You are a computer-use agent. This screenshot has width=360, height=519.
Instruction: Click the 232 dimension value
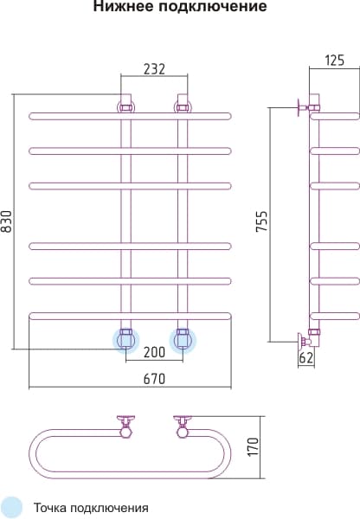tap(154, 69)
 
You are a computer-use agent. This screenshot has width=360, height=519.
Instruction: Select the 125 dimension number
tap(335, 61)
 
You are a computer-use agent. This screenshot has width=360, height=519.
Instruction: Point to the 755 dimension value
tap(261, 221)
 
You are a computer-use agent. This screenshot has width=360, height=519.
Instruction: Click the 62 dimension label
tap(305, 357)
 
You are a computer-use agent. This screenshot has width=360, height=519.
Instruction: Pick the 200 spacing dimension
tap(154, 352)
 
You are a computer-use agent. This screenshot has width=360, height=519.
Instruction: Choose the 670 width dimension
tap(154, 379)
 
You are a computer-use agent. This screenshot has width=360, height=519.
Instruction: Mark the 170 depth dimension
tap(254, 446)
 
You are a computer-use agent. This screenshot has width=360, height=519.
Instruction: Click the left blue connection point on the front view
tap(125, 340)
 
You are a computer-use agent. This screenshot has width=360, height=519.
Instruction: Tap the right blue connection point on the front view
tap(183, 340)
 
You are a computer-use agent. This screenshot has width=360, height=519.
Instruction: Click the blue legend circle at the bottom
tap(11, 508)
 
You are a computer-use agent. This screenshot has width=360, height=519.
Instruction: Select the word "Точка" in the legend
tap(49, 508)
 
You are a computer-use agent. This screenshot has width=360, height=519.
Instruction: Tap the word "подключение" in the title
tap(212, 7)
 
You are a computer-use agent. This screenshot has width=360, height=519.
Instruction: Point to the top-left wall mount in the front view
tap(125, 103)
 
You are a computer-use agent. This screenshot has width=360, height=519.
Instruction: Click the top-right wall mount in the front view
tap(183, 103)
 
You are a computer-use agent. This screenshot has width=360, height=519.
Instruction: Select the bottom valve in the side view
tap(310, 340)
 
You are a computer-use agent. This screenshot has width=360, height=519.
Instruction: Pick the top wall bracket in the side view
tap(309, 106)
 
